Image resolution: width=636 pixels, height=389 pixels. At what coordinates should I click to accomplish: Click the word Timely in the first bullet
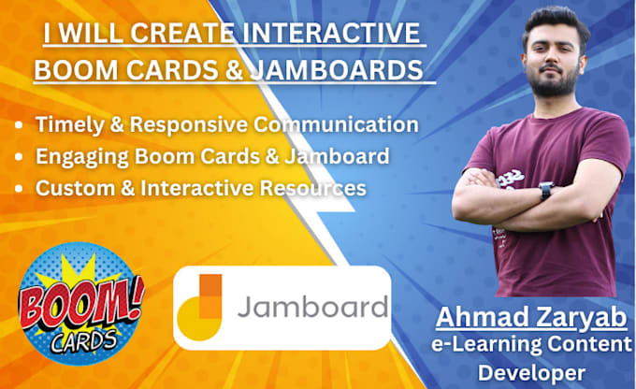coord(64,124)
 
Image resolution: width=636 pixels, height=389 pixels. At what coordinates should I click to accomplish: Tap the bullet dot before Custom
coord(22,188)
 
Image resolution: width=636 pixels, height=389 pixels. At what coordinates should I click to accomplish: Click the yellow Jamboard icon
coord(203,306)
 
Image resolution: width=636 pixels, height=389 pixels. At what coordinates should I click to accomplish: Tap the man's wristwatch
coord(545,191)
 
